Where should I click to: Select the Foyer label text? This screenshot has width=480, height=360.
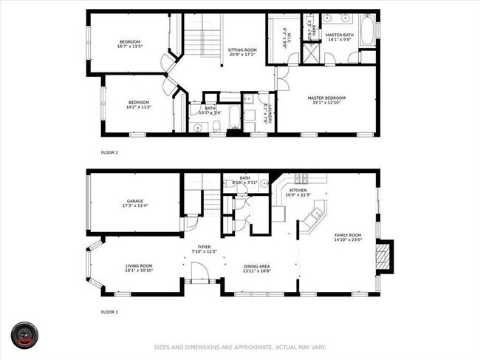[x=205, y=249]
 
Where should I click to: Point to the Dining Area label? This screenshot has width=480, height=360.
[x=257, y=268]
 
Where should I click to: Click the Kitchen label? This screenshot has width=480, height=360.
[x=298, y=192]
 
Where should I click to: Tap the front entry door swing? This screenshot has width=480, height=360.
[x=199, y=276]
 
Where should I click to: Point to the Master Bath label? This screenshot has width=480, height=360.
[x=340, y=36]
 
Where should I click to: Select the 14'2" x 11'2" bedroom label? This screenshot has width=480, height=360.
[x=140, y=104]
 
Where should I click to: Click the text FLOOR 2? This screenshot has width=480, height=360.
[x=109, y=152]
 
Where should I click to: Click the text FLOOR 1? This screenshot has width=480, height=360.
[x=109, y=312]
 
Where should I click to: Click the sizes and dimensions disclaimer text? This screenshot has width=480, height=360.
[x=239, y=347]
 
